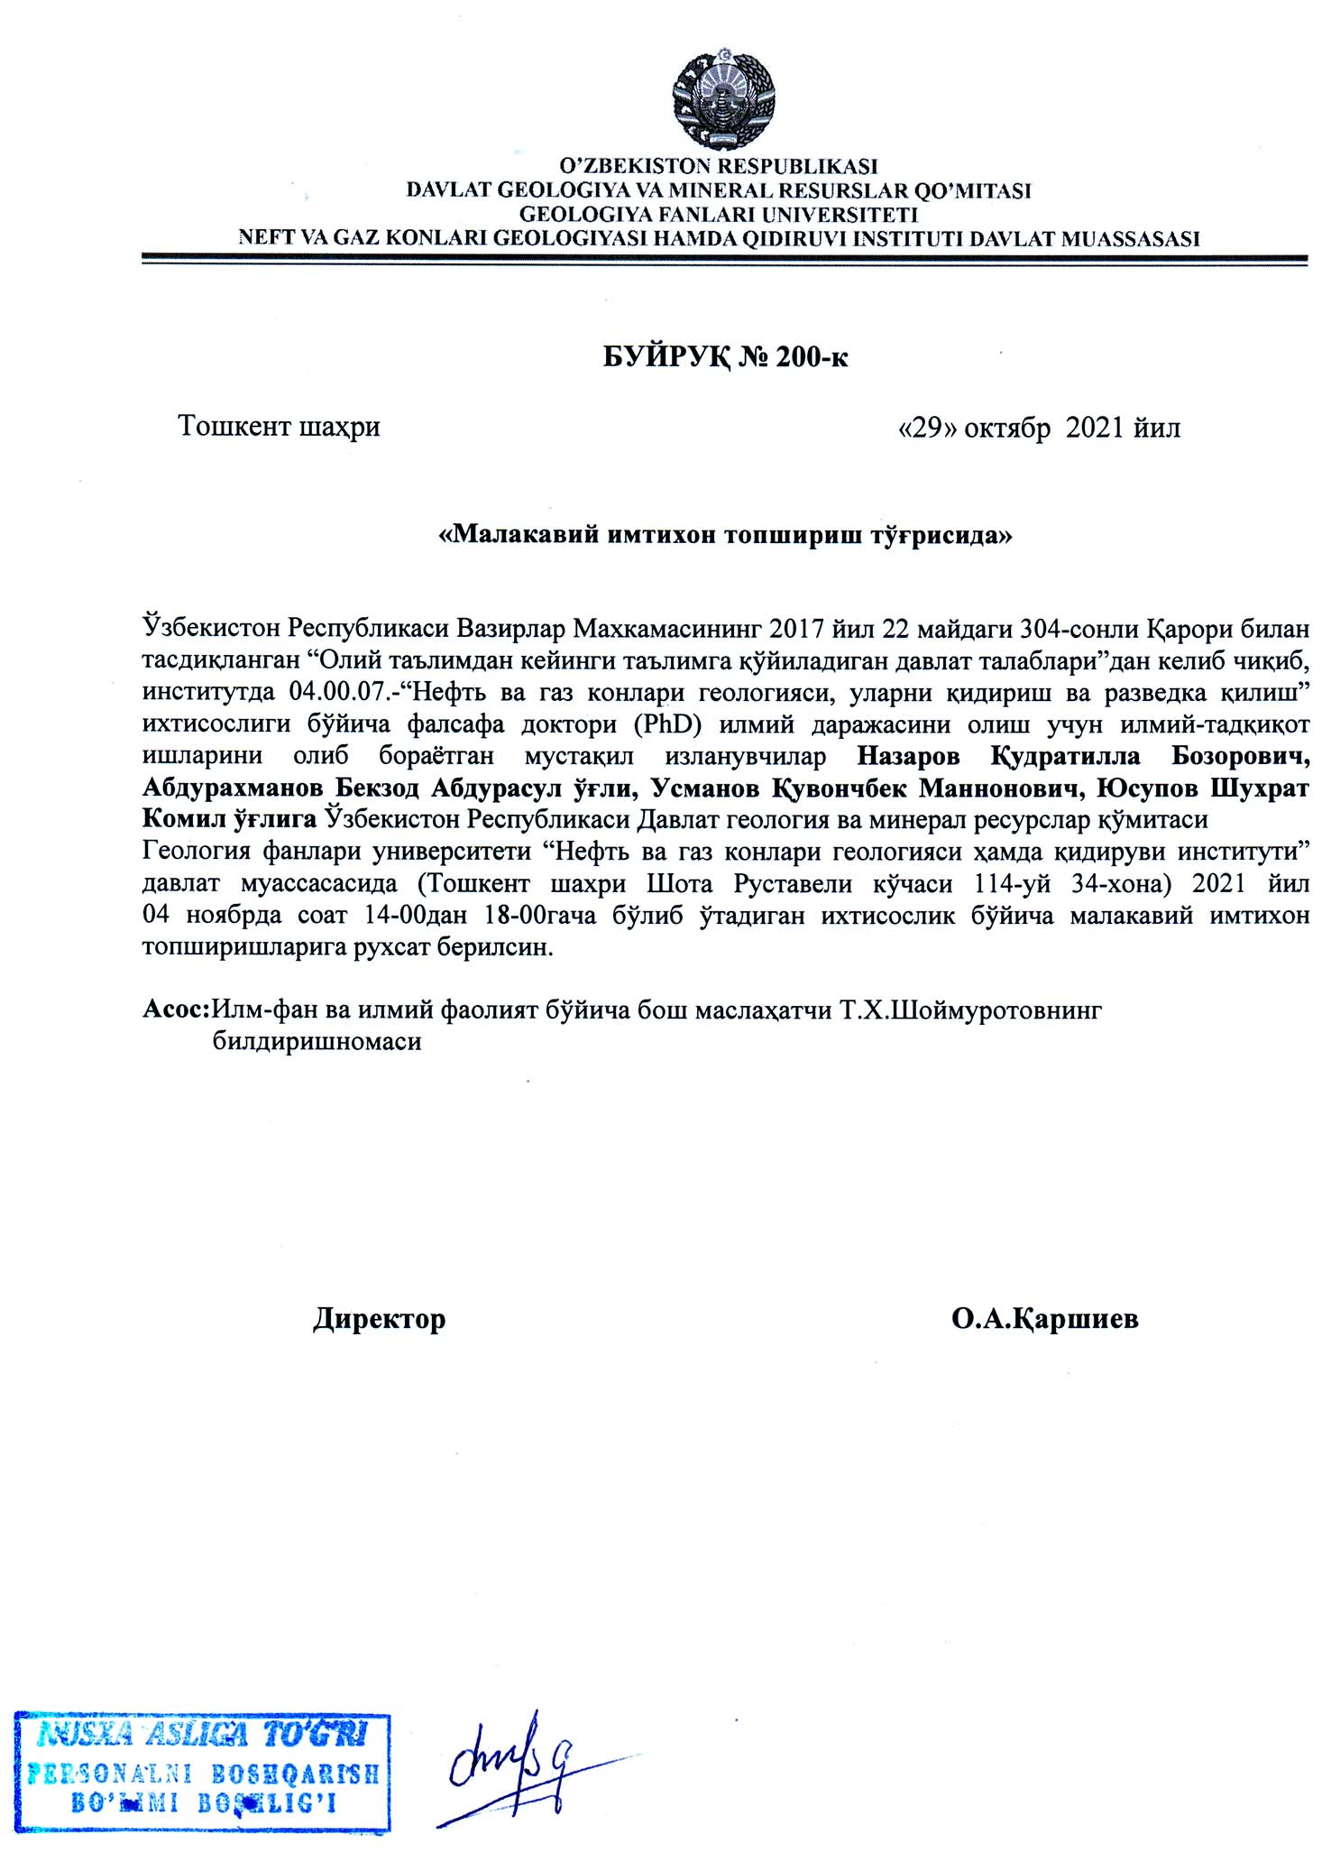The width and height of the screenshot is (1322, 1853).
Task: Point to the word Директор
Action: point(380,1319)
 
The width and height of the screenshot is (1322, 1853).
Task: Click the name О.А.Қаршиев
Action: point(1044,1319)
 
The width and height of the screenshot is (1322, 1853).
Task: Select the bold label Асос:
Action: point(176,1009)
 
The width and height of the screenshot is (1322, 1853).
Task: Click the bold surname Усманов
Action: point(705,788)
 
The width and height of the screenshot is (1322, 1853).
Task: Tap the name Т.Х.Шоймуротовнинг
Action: point(972,1009)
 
